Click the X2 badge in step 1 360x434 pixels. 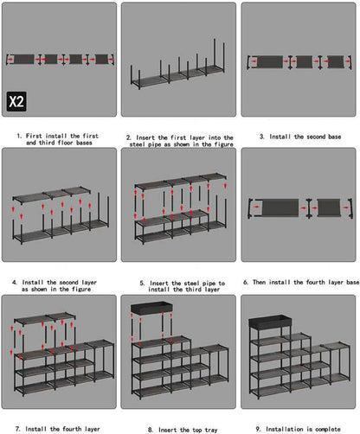[x=16, y=101]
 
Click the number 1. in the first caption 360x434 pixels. [x=19, y=136]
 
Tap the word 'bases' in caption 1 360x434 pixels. [x=84, y=143]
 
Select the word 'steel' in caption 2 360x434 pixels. [x=138, y=144]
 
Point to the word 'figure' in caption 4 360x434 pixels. [x=81, y=290]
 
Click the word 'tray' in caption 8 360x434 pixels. [x=211, y=430]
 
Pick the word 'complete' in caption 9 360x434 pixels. [x=328, y=429]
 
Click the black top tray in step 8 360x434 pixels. [x=151, y=307]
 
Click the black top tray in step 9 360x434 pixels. [x=270, y=321]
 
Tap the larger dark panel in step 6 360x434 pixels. [x=280, y=207]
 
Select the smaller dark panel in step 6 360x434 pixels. [x=329, y=207]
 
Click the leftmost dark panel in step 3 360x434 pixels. [x=270, y=62]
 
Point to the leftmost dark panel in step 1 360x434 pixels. [x=24, y=60]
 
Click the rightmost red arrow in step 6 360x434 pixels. [x=345, y=207]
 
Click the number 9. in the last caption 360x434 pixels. [x=259, y=429]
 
